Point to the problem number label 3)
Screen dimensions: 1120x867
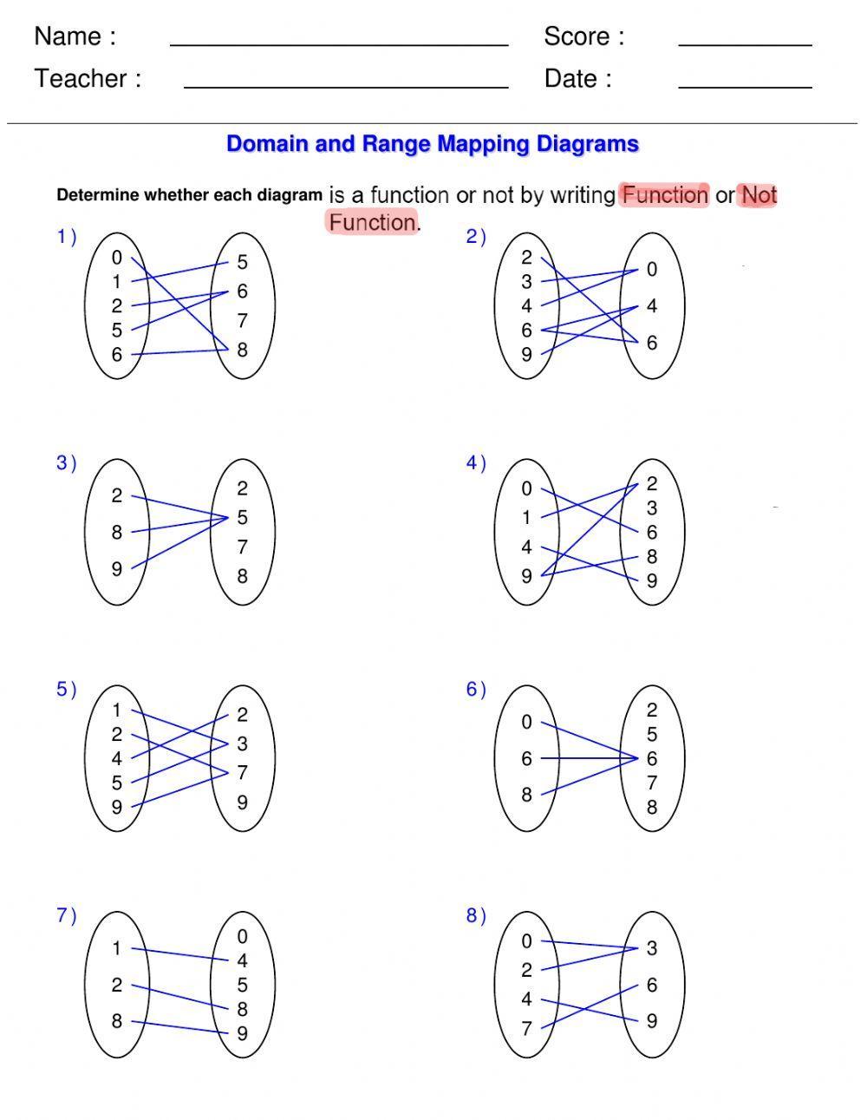click(67, 463)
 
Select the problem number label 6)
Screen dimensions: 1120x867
click(476, 690)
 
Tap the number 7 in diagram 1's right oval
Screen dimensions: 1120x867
click(243, 321)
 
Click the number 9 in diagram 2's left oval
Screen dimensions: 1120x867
click(526, 355)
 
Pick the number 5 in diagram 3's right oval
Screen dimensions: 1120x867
click(243, 518)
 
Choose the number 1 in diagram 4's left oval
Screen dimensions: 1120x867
click(526, 518)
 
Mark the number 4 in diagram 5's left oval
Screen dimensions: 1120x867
click(117, 759)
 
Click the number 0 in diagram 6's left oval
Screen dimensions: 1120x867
click(526, 722)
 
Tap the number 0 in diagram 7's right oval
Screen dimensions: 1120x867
click(243, 937)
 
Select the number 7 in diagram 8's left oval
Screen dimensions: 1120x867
click(526, 1029)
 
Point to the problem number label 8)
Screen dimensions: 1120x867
click(476, 916)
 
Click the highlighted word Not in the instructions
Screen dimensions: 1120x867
click(759, 195)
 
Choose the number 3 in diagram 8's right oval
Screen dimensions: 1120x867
click(652, 948)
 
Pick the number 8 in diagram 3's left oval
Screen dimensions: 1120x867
click(117, 533)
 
